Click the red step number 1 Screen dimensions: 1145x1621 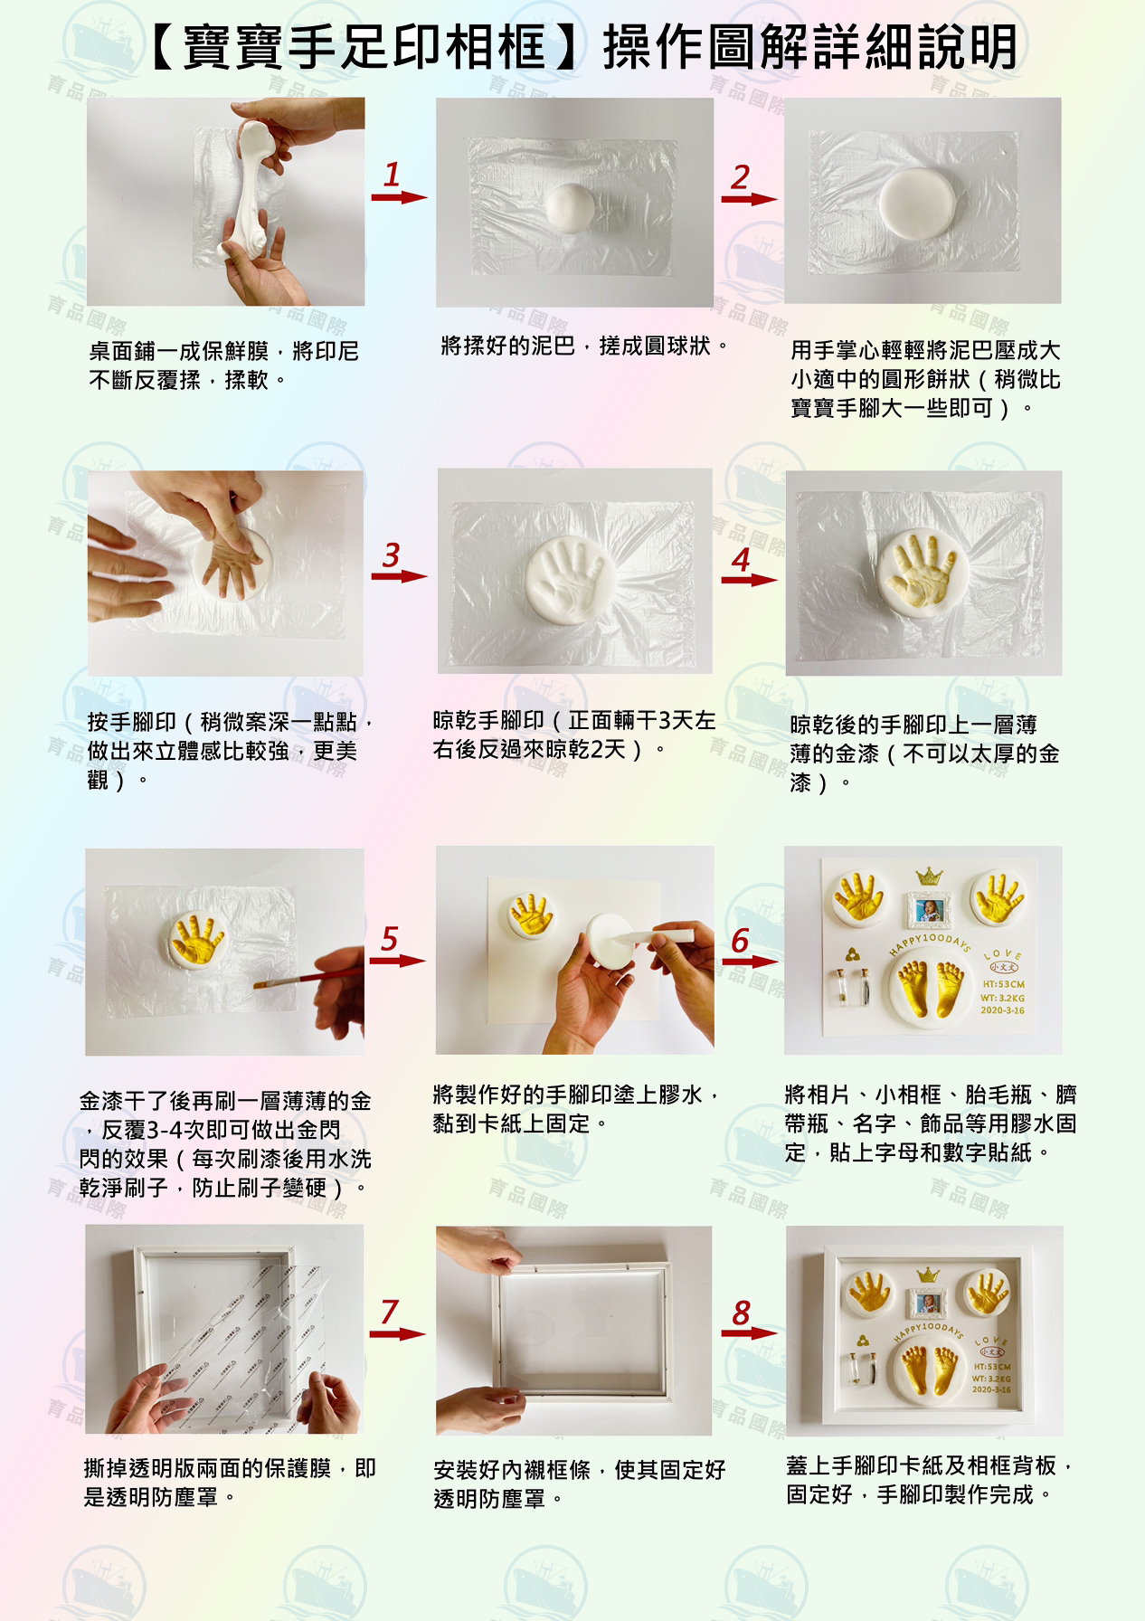392,174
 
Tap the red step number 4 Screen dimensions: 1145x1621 742,559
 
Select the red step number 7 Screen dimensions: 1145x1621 390,1311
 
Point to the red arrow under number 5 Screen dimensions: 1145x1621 397,960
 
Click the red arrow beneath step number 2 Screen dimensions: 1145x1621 749,199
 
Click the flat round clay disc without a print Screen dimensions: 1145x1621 916,202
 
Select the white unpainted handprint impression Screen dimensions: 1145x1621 567,579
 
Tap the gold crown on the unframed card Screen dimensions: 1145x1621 929,876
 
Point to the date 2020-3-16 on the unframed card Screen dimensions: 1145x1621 1002,1010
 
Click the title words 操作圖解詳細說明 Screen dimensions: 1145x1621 810,47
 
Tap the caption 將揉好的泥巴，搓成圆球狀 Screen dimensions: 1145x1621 585,346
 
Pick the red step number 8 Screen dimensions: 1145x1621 742,1313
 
